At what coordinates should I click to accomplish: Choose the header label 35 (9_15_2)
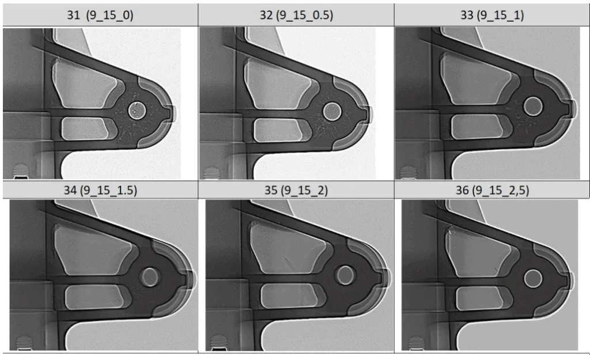pos(296,190)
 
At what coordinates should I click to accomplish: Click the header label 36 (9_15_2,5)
pos(491,190)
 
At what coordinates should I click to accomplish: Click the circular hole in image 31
pos(137,109)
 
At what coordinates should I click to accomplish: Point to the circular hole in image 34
pos(151,276)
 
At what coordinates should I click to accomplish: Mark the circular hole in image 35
pos(346,274)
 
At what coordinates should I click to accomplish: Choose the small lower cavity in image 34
pos(92,295)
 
